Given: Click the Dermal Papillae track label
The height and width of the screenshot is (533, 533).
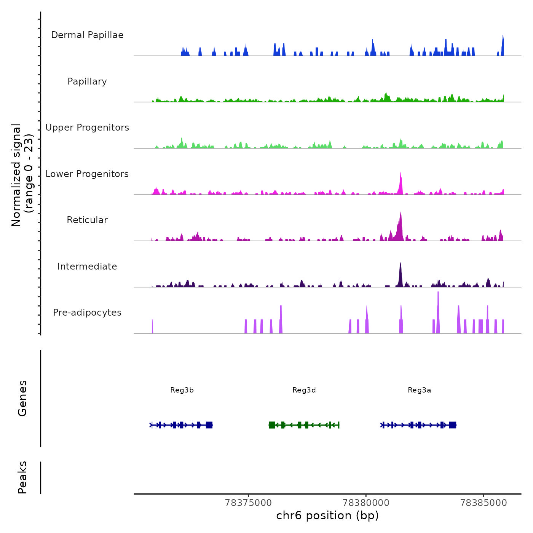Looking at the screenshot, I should tap(87, 35).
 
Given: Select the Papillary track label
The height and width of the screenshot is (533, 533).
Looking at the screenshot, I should tap(87, 81).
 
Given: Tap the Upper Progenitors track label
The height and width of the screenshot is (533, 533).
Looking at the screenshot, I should tap(87, 128).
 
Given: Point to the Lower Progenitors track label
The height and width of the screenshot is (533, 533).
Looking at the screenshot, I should tap(87, 174).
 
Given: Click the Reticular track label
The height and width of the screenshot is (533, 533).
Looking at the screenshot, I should tap(87, 220).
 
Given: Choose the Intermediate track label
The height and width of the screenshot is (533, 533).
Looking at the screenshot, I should tap(87, 266).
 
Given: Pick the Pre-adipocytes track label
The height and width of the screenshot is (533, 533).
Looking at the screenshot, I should tap(87, 313).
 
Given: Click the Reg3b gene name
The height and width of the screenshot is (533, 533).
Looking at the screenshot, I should tap(182, 390).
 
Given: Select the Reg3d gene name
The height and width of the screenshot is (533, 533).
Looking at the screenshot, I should tap(304, 390).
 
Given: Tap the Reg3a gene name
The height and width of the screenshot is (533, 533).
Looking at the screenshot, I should tap(419, 390).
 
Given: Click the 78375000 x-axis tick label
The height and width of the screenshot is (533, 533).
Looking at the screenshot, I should tap(249, 503).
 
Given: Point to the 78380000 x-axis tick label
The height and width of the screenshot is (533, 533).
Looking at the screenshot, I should tap(366, 503).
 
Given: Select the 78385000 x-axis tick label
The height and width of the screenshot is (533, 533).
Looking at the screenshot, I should tap(484, 503).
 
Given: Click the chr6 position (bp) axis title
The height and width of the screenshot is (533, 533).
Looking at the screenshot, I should tap(327, 515).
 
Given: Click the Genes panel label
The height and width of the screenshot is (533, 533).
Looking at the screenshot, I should tap(22, 398).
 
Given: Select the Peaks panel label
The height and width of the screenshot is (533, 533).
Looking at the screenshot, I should tap(22, 477).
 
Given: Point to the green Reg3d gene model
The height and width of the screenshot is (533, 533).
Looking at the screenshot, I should tap(304, 425).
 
